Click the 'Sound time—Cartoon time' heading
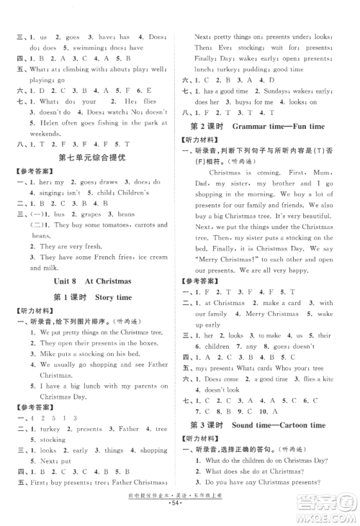click(270, 425)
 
